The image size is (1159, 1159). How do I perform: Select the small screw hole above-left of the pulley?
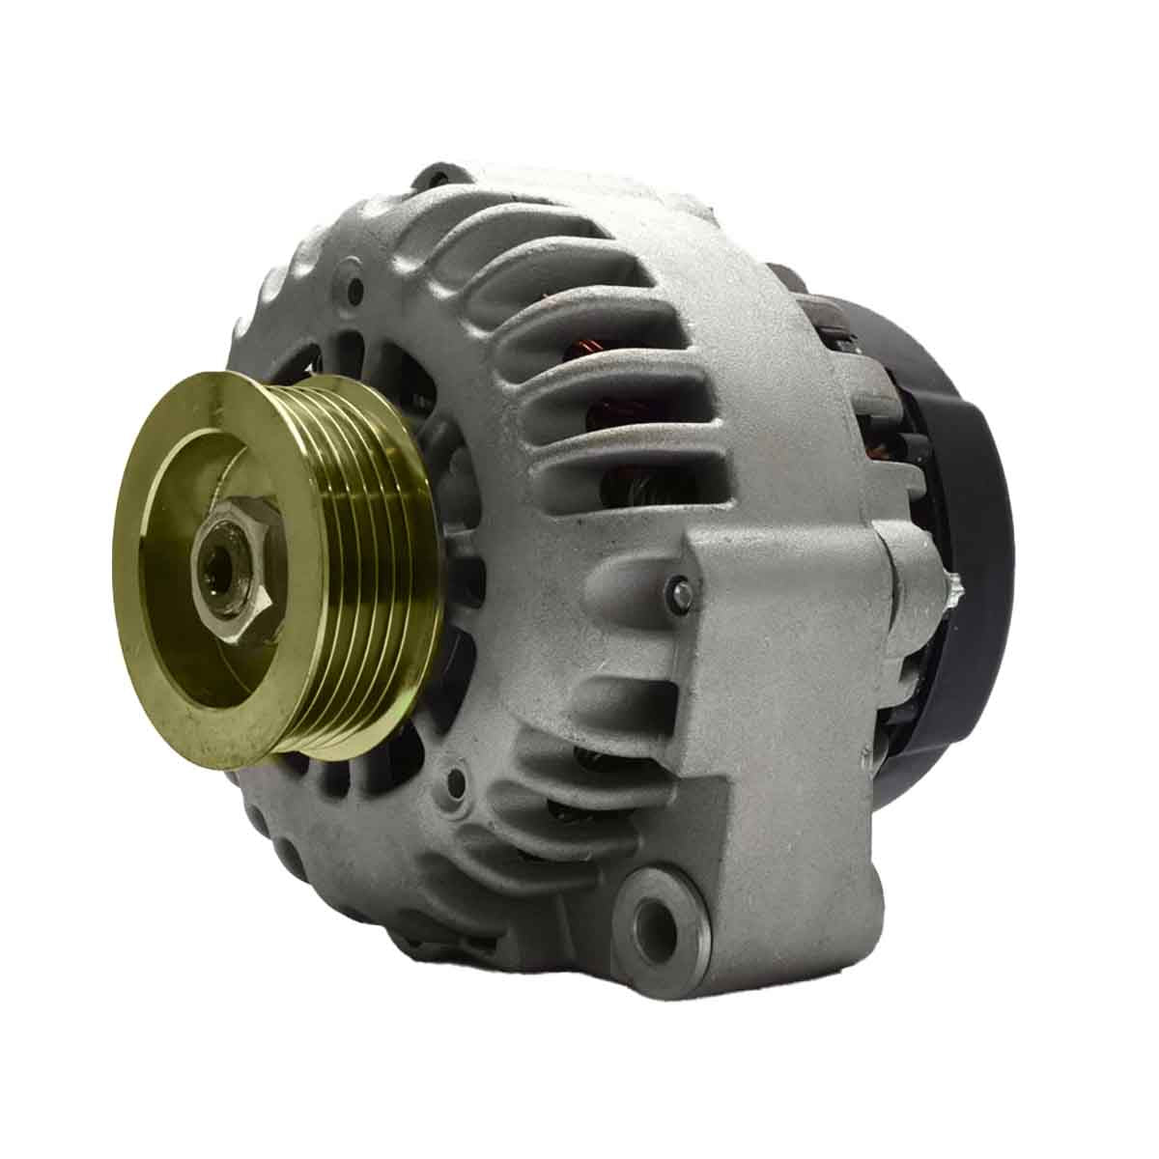(358, 287)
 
